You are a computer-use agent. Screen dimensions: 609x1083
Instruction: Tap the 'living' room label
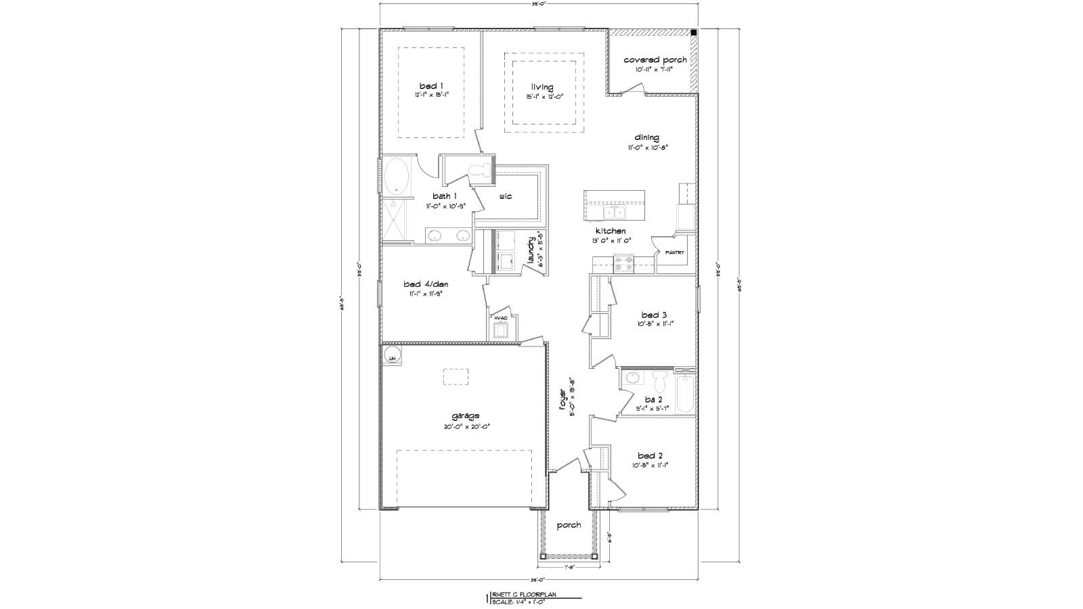[541, 87]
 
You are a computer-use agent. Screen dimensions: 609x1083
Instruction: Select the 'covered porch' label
[655, 60]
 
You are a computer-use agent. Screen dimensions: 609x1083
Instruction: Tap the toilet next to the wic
[481, 171]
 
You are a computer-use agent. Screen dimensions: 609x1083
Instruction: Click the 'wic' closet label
[506, 196]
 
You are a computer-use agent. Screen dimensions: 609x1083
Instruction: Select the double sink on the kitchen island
[615, 213]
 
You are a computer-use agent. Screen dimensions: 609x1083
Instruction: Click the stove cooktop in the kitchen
[623, 263]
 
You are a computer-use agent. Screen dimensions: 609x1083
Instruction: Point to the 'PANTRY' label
[674, 252]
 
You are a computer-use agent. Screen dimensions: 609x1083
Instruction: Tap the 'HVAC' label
[501, 317]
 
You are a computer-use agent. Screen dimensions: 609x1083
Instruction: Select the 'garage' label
[466, 415]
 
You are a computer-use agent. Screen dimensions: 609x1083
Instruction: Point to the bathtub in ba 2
[684, 393]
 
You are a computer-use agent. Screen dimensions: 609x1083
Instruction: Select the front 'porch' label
[569, 525]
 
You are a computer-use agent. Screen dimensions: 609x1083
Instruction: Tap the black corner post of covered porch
[694, 32]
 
